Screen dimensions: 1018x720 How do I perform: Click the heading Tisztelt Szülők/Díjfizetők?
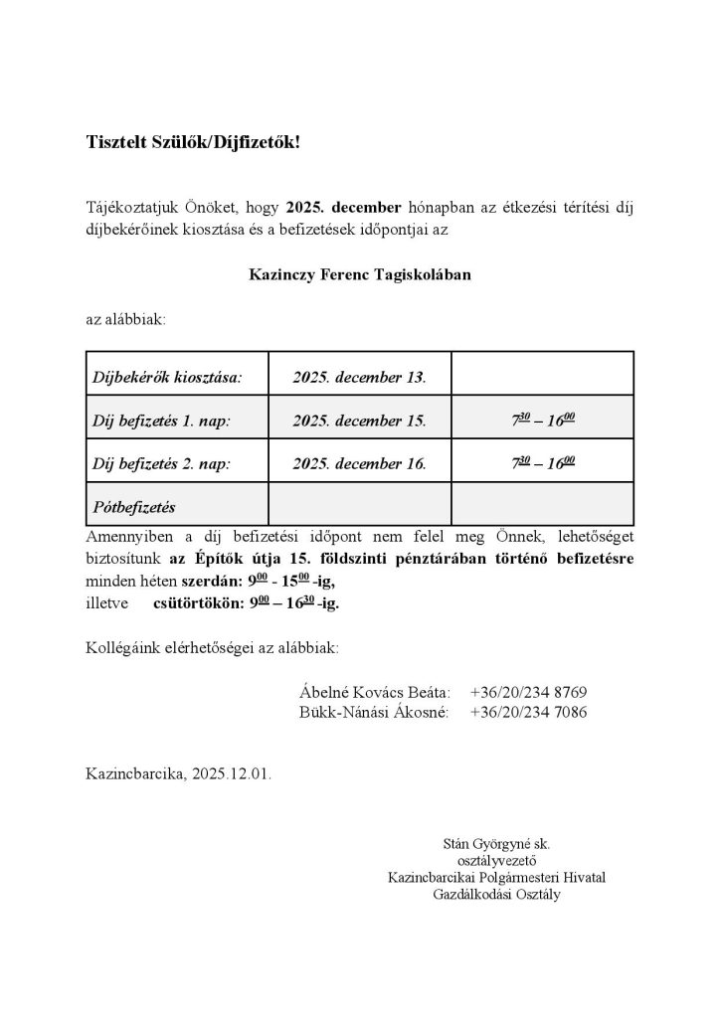(x=192, y=142)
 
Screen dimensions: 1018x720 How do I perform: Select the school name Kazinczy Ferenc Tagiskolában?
(x=359, y=273)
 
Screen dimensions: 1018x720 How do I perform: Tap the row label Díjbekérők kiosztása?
(x=166, y=378)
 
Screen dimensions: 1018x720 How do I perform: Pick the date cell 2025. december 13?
(x=359, y=378)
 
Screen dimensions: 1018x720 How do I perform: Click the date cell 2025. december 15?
(x=359, y=422)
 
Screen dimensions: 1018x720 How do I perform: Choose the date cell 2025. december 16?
(x=359, y=463)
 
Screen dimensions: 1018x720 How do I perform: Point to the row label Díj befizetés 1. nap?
(x=161, y=422)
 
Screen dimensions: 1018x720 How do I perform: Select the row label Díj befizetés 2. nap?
(x=161, y=463)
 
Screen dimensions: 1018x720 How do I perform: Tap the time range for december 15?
(x=542, y=421)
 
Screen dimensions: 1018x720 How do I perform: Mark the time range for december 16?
(x=542, y=462)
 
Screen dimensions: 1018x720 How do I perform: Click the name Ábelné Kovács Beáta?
(x=374, y=692)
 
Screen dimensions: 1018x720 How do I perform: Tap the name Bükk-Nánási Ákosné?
(x=374, y=713)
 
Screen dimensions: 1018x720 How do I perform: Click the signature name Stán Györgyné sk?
(x=495, y=844)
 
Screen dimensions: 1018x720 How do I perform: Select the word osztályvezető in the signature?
(x=495, y=861)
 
